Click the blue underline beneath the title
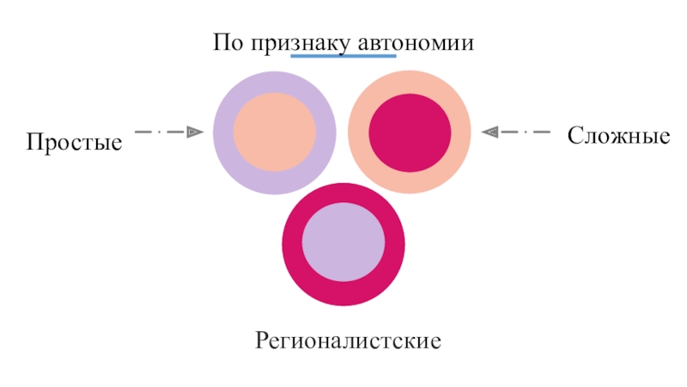343,57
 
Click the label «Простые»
74,143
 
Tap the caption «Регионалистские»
348,341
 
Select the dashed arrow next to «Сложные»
516,132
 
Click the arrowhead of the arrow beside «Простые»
196,132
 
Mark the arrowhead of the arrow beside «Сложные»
489,132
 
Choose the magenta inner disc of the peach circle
410,131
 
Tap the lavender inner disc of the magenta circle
343,243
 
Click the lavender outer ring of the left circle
225,132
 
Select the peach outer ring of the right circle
460,132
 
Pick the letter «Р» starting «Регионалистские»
260,341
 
